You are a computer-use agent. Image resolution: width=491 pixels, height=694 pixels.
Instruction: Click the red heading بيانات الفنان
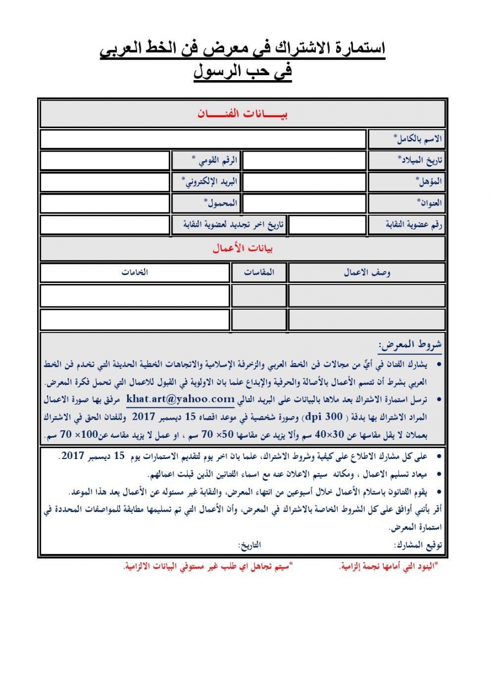point(242,114)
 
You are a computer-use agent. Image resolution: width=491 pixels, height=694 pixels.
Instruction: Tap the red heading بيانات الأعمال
point(242,249)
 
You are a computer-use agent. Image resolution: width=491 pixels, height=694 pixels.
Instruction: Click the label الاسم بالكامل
point(418,140)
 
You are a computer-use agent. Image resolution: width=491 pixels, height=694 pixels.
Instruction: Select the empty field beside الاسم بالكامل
point(202,140)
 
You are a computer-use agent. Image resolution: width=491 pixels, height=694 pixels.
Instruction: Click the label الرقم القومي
point(214,160)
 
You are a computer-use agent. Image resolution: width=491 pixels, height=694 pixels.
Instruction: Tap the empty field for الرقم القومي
point(105,160)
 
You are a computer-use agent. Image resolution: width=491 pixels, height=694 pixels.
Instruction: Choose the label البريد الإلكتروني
point(211,182)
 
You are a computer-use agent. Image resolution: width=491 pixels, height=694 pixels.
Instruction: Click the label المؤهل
point(429,182)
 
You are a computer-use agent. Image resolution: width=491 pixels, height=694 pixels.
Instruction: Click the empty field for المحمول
point(105,203)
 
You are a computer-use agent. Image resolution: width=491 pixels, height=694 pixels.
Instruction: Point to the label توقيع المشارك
point(417,545)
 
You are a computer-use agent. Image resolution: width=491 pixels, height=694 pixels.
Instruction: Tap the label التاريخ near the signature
point(249,545)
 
